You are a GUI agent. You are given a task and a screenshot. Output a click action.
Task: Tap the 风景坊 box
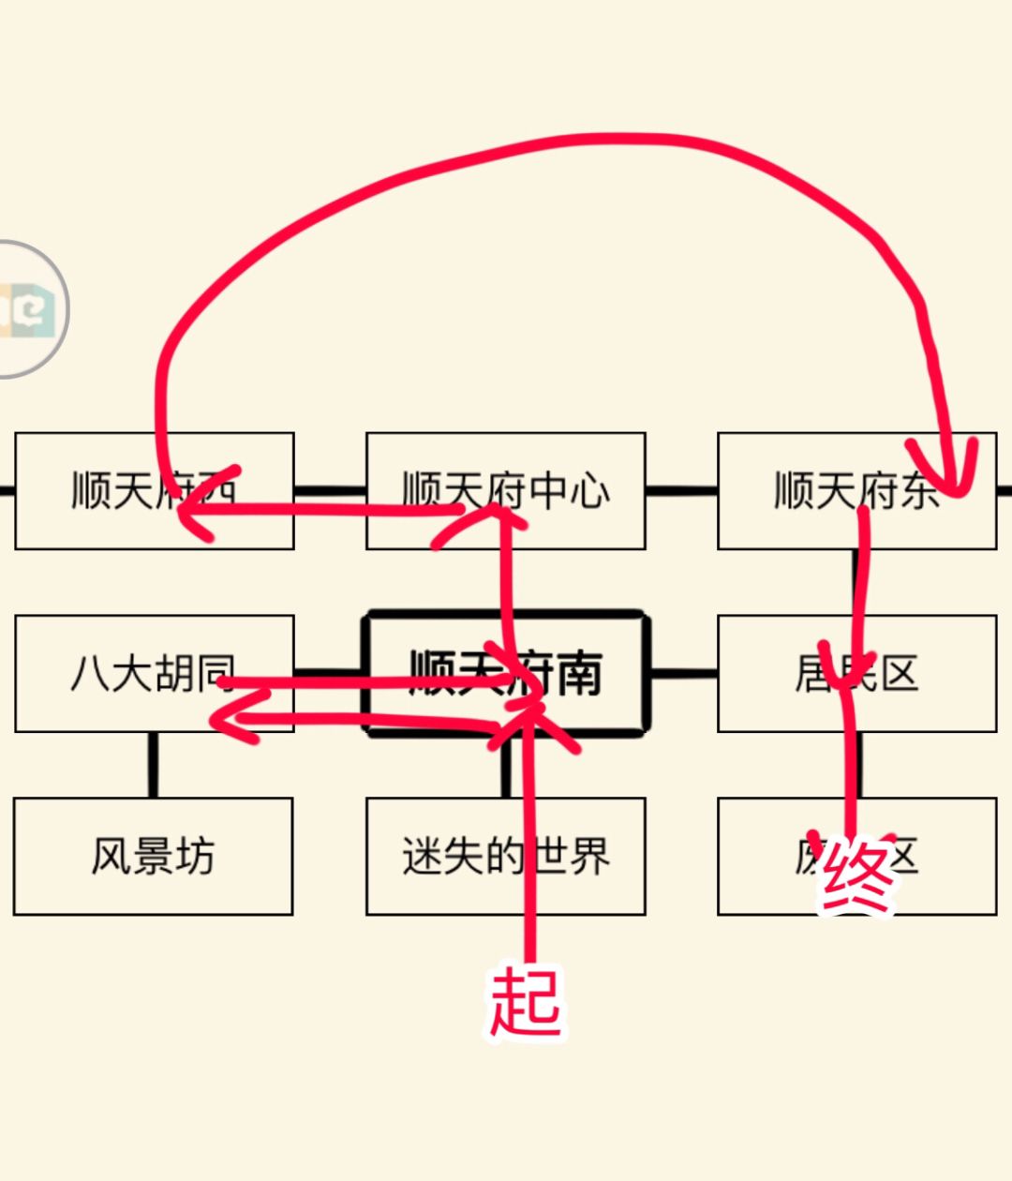tap(153, 856)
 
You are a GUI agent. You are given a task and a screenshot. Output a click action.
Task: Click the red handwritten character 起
tap(525, 1001)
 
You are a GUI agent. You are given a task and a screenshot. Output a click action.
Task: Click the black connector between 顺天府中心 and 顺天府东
tap(681, 490)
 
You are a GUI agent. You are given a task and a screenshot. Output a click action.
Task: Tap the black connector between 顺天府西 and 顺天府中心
tap(330, 490)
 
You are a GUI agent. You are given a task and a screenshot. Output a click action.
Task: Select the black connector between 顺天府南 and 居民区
tap(683, 673)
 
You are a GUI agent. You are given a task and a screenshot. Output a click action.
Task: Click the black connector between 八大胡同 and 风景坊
tap(153, 765)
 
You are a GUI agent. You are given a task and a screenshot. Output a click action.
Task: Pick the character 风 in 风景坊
tap(111, 856)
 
